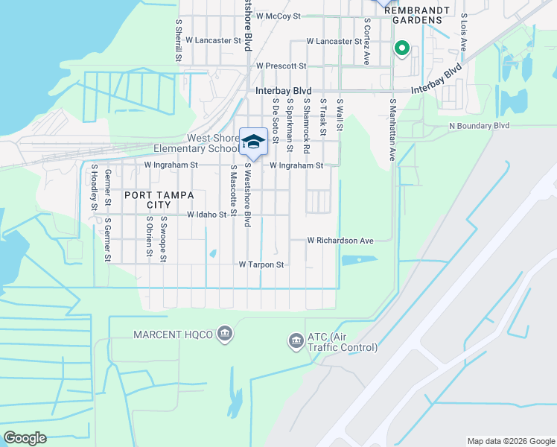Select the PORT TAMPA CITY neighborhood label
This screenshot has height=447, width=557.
(x=152, y=200)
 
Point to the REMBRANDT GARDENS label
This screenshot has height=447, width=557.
(x=418, y=13)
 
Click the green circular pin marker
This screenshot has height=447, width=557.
(x=402, y=49)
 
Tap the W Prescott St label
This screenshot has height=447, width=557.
(x=281, y=66)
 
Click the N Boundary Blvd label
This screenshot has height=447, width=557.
(x=479, y=126)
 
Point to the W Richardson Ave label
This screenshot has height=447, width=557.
(x=340, y=241)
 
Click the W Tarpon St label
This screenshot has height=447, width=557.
(x=261, y=264)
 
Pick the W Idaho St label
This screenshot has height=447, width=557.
(x=206, y=215)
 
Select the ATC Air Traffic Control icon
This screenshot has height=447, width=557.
(x=296, y=342)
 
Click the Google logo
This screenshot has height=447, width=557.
(x=25, y=438)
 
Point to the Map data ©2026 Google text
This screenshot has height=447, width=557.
(x=511, y=441)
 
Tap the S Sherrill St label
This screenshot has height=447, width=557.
(x=179, y=41)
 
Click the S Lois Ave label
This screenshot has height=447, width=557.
(x=463, y=31)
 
